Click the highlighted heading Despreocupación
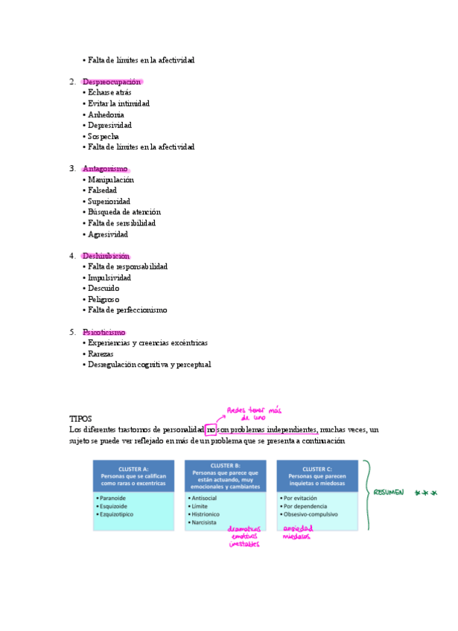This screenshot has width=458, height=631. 112,82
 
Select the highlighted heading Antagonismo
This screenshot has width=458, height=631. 105,169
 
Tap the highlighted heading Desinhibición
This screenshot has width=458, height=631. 111,256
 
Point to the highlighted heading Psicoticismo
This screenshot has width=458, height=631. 104,332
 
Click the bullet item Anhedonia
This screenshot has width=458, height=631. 106,115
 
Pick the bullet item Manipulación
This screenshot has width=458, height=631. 111,179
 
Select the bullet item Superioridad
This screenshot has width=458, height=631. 109,202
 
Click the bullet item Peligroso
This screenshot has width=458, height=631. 104,299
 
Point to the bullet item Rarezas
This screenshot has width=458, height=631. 101,354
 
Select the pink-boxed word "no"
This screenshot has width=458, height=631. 211,430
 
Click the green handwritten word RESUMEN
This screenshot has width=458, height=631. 389,493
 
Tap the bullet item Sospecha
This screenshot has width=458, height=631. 104,136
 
